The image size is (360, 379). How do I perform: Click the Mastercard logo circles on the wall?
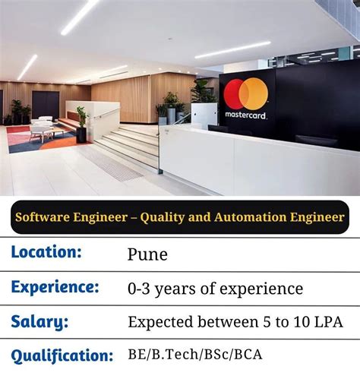tap(245, 94)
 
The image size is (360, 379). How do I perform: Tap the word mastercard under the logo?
tap(246, 115)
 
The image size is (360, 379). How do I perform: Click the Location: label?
tap(46, 252)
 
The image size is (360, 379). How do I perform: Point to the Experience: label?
tap(55, 287)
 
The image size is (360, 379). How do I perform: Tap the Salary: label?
tap(39, 321)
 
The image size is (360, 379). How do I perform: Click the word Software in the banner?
tap(47, 218)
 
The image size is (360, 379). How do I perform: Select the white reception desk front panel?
tap(258, 163)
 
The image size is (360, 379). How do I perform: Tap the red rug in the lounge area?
tap(19, 141)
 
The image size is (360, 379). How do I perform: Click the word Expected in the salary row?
tap(162, 322)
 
